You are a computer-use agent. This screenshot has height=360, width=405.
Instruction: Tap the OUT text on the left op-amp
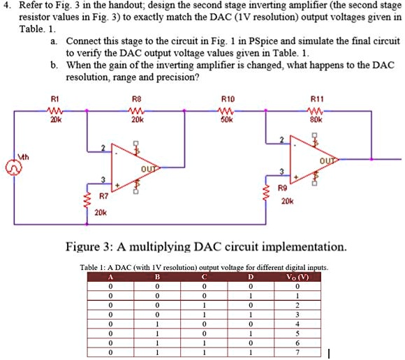pos(147,168)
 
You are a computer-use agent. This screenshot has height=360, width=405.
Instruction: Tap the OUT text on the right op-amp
pos(325,158)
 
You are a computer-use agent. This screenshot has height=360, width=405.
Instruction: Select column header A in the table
pos(110,277)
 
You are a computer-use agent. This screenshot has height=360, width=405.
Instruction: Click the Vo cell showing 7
pos(296,353)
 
